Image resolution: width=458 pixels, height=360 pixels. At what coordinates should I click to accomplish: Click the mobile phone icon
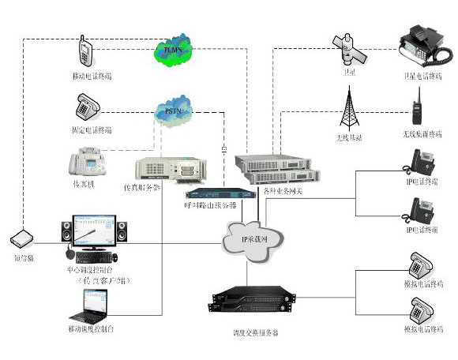[86, 52]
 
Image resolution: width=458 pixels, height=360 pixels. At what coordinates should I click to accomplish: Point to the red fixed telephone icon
[86, 105]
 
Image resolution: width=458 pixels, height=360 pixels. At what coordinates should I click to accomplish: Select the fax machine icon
[87, 163]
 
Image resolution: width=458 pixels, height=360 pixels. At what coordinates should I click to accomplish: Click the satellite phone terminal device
[417, 45]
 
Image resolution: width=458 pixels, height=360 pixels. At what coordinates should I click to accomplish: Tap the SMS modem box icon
[22, 238]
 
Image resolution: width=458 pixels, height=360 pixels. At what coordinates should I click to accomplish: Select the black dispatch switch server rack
[246, 306]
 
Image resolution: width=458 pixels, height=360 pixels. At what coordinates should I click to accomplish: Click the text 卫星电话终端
[417, 76]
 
